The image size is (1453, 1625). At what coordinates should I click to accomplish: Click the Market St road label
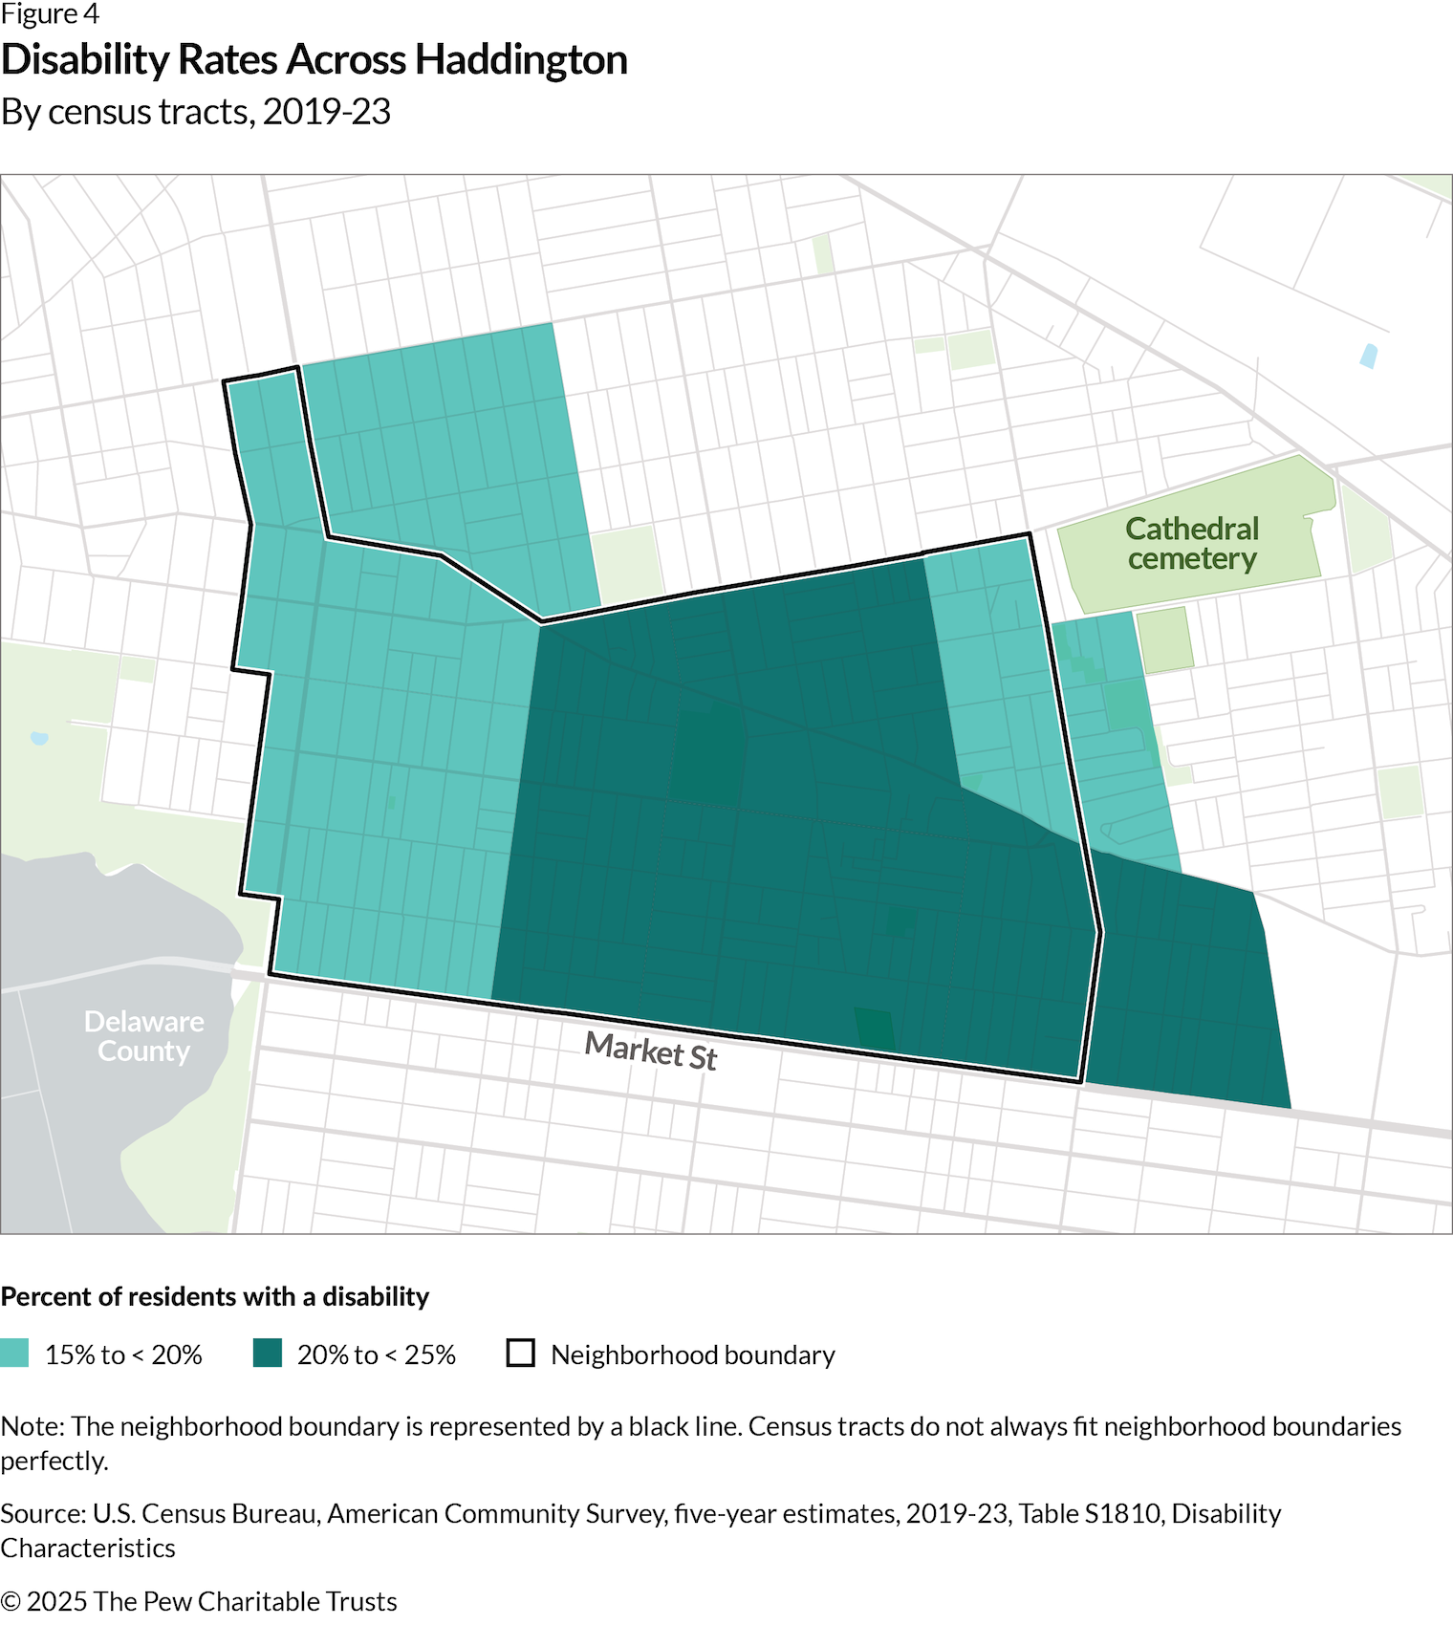click(x=650, y=1051)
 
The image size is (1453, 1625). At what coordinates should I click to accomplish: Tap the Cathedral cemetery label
click(x=1191, y=543)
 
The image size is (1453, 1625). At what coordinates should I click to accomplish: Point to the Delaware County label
click(x=143, y=1036)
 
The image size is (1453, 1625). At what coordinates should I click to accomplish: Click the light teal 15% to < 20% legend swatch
click(x=15, y=1354)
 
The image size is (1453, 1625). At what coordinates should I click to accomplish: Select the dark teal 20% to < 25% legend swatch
click(x=268, y=1354)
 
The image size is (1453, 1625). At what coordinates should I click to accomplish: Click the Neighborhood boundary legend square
click(x=520, y=1354)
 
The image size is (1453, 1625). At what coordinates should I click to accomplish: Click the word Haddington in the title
click(x=521, y=59)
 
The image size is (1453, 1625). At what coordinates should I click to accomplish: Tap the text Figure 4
click(x=50, y=14)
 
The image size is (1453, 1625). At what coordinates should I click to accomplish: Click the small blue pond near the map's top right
click(x=1368, y=356)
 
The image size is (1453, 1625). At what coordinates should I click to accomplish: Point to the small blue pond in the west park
click(x=39, y=738)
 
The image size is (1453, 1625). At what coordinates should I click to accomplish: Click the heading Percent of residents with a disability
click(x=215, y=1296)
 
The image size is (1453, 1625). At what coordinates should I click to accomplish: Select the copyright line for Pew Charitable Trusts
click(x=199, y=1601)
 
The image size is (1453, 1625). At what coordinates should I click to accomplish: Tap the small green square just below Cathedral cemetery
click(x=1164, y=639)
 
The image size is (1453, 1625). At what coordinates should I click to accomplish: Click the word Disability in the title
click(x=84, y=59)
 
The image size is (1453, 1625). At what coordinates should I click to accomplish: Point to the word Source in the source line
click(x=42, y=1513)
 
